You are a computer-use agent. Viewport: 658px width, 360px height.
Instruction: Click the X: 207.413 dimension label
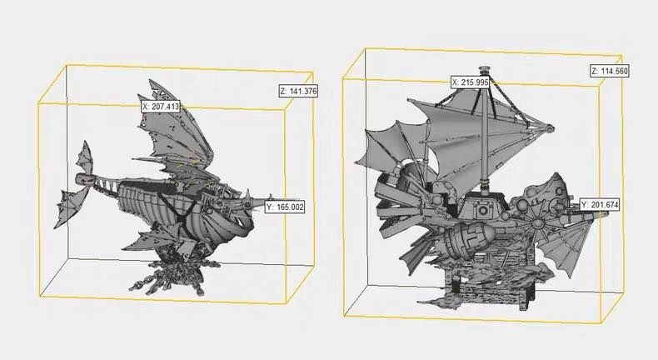[161, 107]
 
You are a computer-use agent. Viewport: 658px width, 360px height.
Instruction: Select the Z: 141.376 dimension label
[298, 91]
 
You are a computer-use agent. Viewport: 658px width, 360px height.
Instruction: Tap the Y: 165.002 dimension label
[285, 207]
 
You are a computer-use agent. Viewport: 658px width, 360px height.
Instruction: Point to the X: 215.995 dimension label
[471, 82]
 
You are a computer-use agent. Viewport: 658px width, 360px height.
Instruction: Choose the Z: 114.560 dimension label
[610, 71]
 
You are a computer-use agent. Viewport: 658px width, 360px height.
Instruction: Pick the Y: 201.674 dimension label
[600, 205]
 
